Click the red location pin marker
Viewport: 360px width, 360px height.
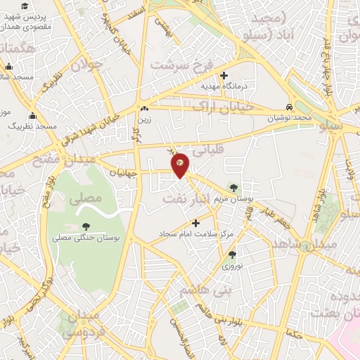point(180,164)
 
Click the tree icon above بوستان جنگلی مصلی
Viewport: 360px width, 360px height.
point(86,226)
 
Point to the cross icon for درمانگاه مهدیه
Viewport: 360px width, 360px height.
point(224,75)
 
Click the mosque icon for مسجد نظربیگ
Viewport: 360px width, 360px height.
point(32,116)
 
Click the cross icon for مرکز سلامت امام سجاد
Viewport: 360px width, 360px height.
point(195,223)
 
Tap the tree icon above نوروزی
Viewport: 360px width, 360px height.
point(232,255)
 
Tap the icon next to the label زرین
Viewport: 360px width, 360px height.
point(145,109)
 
